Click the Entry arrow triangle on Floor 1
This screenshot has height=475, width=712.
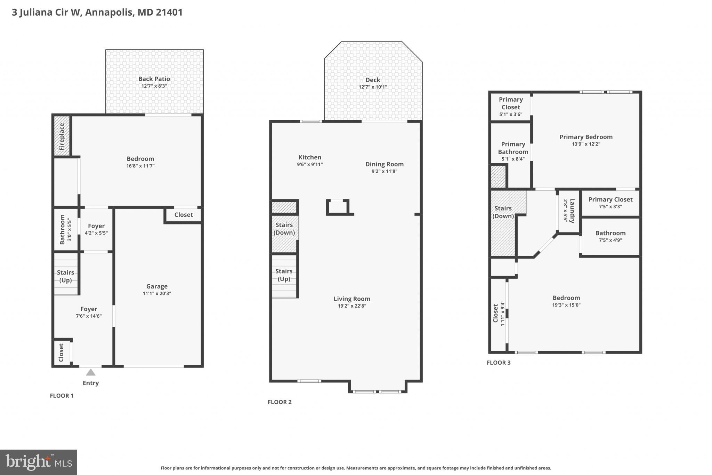(x=91, y=373)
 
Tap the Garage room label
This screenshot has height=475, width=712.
(x=157, y=286)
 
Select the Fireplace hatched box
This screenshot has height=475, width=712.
(x=62, y=136)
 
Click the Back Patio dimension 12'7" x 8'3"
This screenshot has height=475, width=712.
(x=154, y=86)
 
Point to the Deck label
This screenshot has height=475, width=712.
(x=373, y=80)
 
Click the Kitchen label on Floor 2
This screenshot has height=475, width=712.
(x=310, y=157)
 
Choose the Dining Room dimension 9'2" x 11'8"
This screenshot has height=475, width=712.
(x=384, y=171)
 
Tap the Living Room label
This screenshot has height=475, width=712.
(x=352, y=299)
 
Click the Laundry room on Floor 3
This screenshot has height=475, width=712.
(x=569, y=211)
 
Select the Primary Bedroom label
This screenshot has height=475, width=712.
(x=586, y=137)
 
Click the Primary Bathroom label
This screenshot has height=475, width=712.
(x=513, y=148)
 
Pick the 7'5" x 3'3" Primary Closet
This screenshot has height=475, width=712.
(x=610, y=203)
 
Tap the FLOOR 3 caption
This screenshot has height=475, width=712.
(x=499, y=363)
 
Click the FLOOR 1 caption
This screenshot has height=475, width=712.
(x=62, y=396)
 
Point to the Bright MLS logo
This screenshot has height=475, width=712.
(x=39, y=462)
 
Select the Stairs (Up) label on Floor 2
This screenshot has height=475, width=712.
(x=284, y=275)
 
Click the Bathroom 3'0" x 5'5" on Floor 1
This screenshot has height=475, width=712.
(x=65, y=229)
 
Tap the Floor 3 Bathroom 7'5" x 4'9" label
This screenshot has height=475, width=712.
(x=610, y=233)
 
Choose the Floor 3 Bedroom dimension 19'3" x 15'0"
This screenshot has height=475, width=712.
(x=566, y=305)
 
